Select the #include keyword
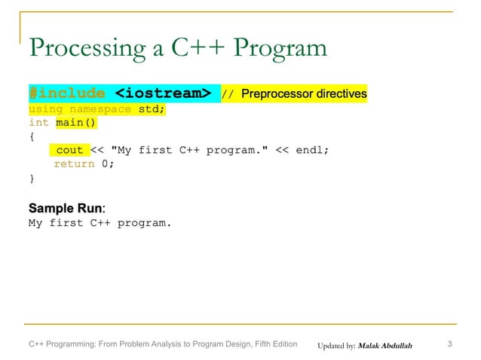(66, 94)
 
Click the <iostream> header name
(162, 94)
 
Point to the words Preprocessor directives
(304, 94)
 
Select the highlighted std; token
(151, 108)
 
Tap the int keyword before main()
(38, 122)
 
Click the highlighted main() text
(76, 122)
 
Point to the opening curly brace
(32, 136)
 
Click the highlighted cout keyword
(70, 150)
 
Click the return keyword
(74, 164)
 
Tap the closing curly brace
(32, 178)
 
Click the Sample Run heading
(66, 207)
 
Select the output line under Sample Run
(100, 223)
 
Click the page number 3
(449, 345)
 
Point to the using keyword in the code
(46, 108)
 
